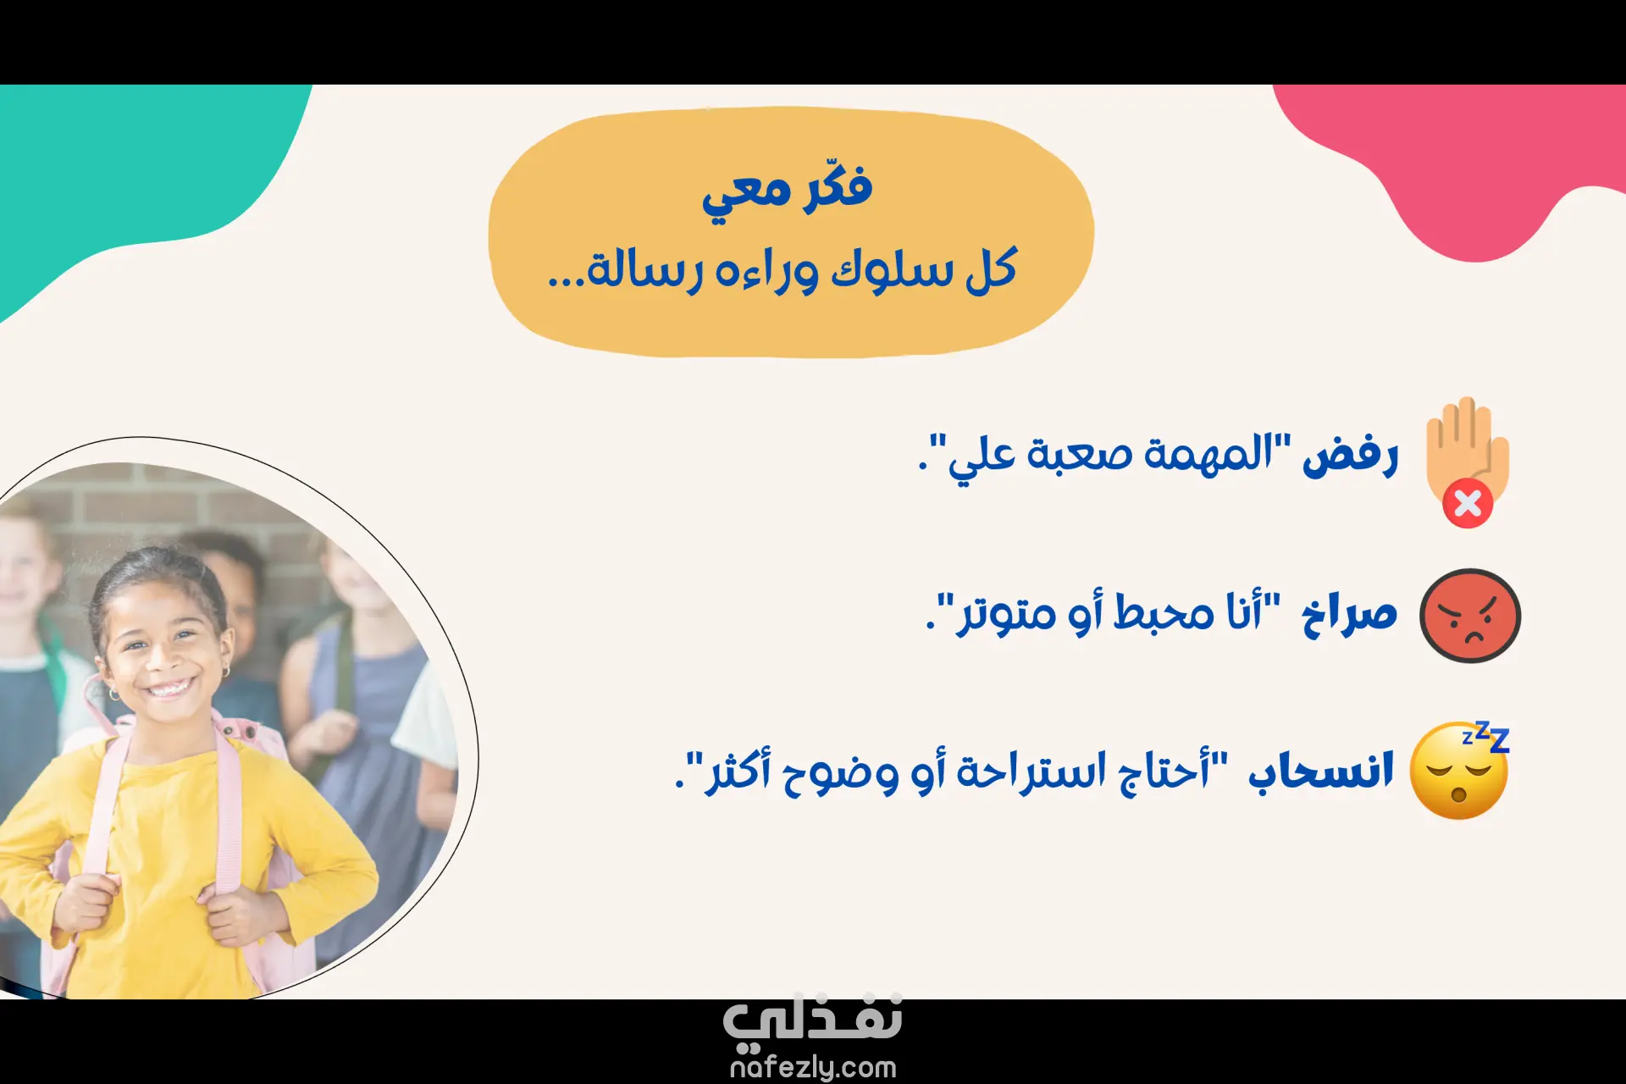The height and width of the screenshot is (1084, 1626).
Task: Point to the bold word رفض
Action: point(1350,456)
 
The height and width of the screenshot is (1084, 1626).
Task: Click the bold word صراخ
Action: point(1349,611)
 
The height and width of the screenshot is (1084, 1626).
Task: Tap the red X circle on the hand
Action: point(1468,503)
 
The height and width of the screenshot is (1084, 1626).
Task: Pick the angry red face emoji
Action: point(1470,616)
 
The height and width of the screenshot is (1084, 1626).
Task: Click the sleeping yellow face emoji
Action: point(1458,771)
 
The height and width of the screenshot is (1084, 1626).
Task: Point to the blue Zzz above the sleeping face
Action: point(1487,737)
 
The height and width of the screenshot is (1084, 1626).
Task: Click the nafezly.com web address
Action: point(813,1067)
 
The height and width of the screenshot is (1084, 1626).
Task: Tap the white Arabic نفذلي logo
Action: point(813,1020)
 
